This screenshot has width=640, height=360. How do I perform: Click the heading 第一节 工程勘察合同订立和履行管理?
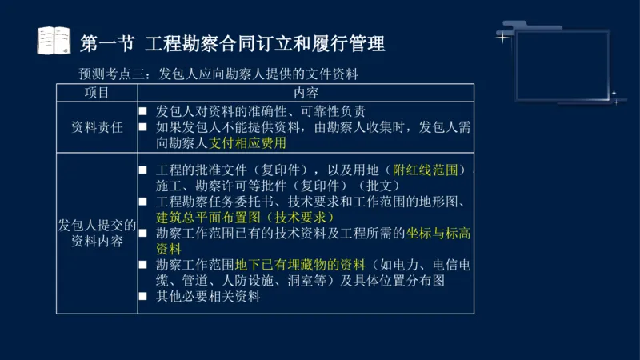[x=233, y=42]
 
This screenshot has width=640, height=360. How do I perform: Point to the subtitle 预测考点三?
[x=110, y=74]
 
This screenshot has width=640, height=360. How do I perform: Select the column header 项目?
[x=97, y=93]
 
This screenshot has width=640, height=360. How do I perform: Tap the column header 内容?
[x=306, y=93]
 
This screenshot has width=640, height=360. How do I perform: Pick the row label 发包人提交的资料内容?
[x=97, y=233]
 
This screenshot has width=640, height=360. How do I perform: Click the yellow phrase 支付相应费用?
[x=248, y=143]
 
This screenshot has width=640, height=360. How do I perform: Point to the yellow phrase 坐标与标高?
[x=438, y=233]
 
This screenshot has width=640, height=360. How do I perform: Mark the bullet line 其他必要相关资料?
[x=209, y=297]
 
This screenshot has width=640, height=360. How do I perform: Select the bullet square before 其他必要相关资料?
[x=143, y=297]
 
